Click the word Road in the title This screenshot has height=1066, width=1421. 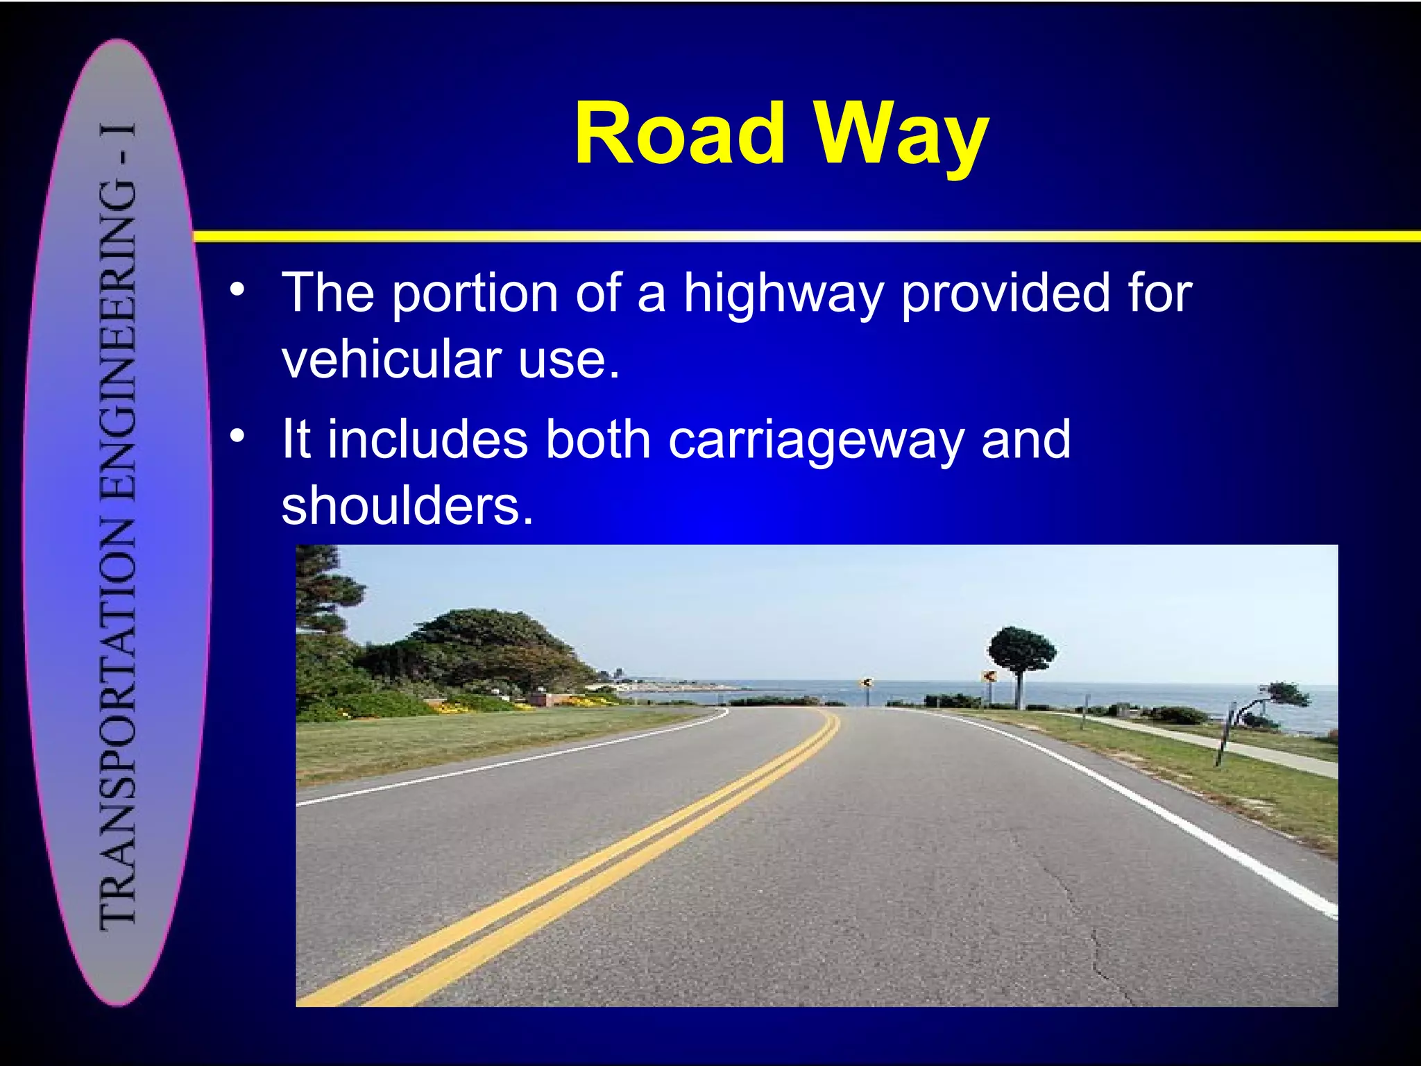[x=679, y=133]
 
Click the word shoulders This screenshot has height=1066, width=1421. [x=407, y=505]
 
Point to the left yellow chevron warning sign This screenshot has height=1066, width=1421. [x=865, y=683]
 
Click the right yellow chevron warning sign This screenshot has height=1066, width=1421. [x=989, y=676]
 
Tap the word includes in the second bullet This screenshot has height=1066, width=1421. [x=427, y=440]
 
